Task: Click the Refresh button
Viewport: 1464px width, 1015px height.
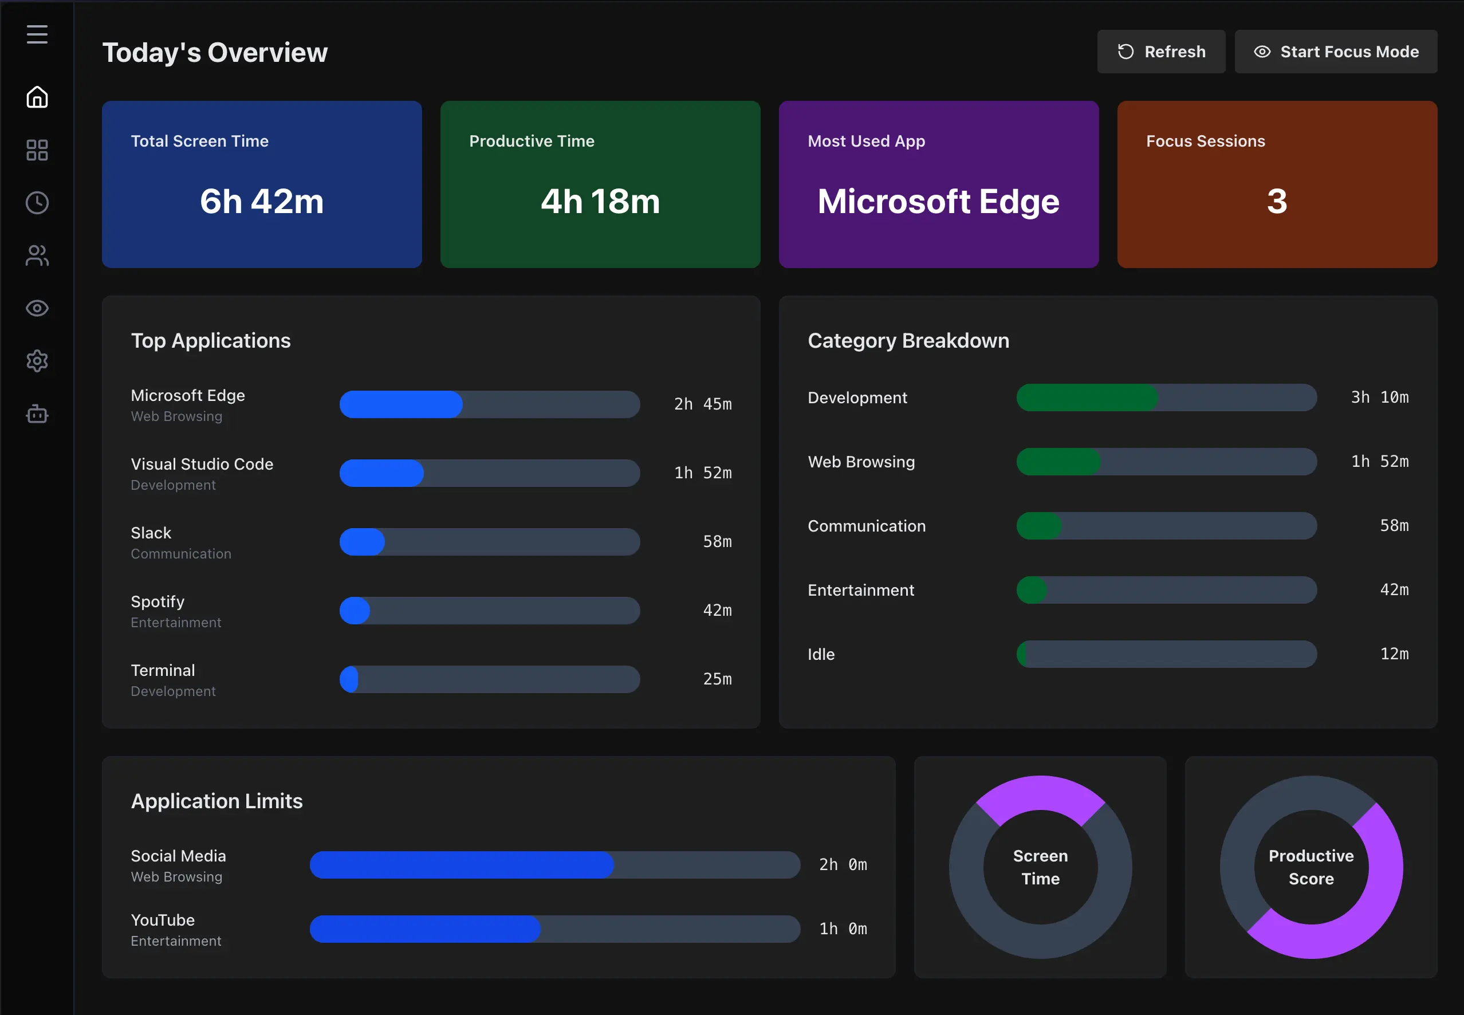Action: [x=1160, y=52]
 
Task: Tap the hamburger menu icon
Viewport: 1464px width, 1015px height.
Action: [x=37, y=34]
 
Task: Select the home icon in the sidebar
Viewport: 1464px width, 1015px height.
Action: [x=37, y=97]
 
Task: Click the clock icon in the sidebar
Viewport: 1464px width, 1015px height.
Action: [x=37, y=203]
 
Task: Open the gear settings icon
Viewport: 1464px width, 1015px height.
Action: [x=37, y=361]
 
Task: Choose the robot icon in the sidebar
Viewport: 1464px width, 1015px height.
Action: [x=37, y=414]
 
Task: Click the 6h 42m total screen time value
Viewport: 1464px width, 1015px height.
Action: [x=262, y=202]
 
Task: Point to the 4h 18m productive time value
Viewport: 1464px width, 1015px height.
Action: [x=600, y=202]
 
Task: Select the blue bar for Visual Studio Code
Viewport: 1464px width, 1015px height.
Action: [x=381, y=473]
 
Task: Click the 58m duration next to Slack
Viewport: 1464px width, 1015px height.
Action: [x=717, y=542]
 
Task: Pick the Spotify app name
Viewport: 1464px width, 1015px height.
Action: [x=158, y=601]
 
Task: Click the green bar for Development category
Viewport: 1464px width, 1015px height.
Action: [x=1087, y=398]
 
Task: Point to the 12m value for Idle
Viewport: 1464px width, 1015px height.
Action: [x=1395, y=654]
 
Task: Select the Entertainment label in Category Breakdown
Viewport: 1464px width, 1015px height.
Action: [x=861, y=590]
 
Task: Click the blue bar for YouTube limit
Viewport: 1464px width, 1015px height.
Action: [x=425, y=929]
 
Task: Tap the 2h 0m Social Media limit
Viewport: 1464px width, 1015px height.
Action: [x=843, y=865]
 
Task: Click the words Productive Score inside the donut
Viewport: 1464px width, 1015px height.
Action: [x=1312, y=867]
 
